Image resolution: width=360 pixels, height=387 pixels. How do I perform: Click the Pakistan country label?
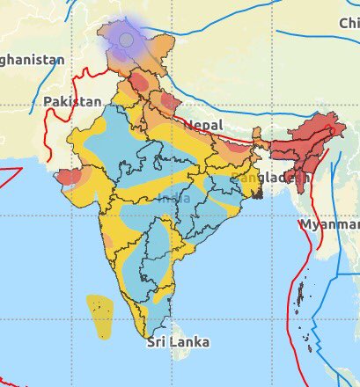[x=72, y=102]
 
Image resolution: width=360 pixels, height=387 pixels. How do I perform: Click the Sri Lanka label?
[x=179, y=340]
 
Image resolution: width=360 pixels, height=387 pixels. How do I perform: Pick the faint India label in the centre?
[x=173, y=198]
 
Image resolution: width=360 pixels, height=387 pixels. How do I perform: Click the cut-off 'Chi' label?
[x=349, y=23]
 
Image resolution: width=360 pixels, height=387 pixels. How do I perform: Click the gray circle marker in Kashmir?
[x=127, y=40]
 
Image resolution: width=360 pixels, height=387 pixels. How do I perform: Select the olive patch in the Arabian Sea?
[x=100, y=318]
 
